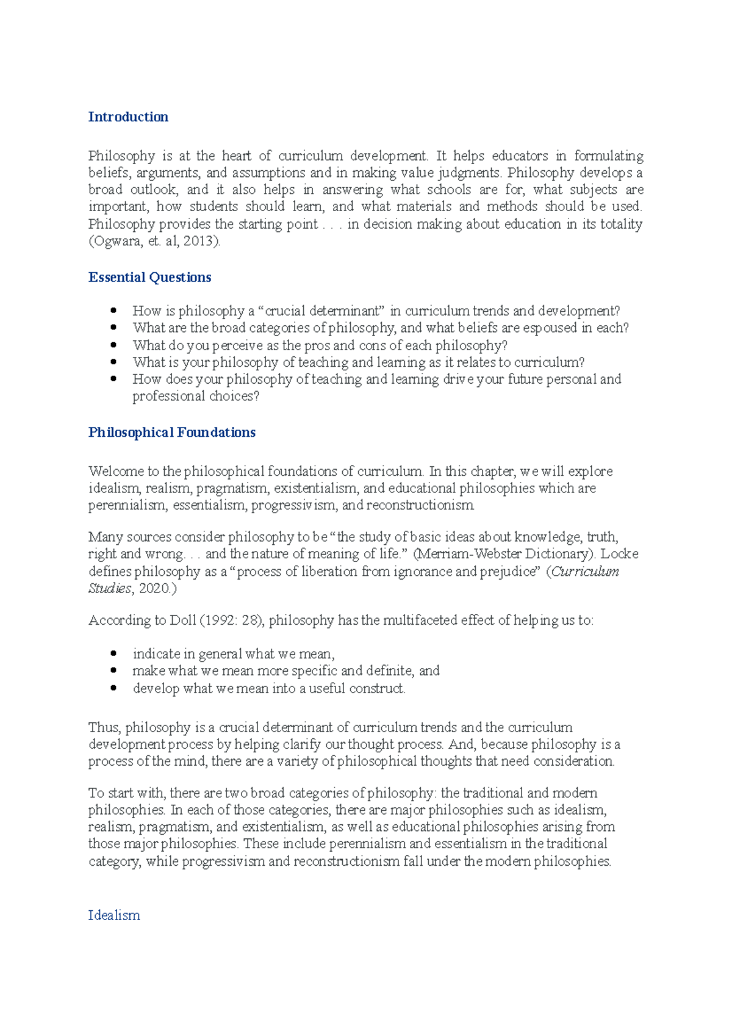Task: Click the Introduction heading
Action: tap(128, 117)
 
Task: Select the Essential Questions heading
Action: tap(149, 277)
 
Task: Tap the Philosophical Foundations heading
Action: tap(171, 432)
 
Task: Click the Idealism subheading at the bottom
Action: tap(114, 915)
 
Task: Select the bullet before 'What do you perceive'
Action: tap(113, 345)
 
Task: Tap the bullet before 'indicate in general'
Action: tap(113, 653)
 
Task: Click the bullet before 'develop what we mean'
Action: tap(113, 688)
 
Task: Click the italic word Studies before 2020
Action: tap(110, 588)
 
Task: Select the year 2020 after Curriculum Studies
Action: tap(154, 588)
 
